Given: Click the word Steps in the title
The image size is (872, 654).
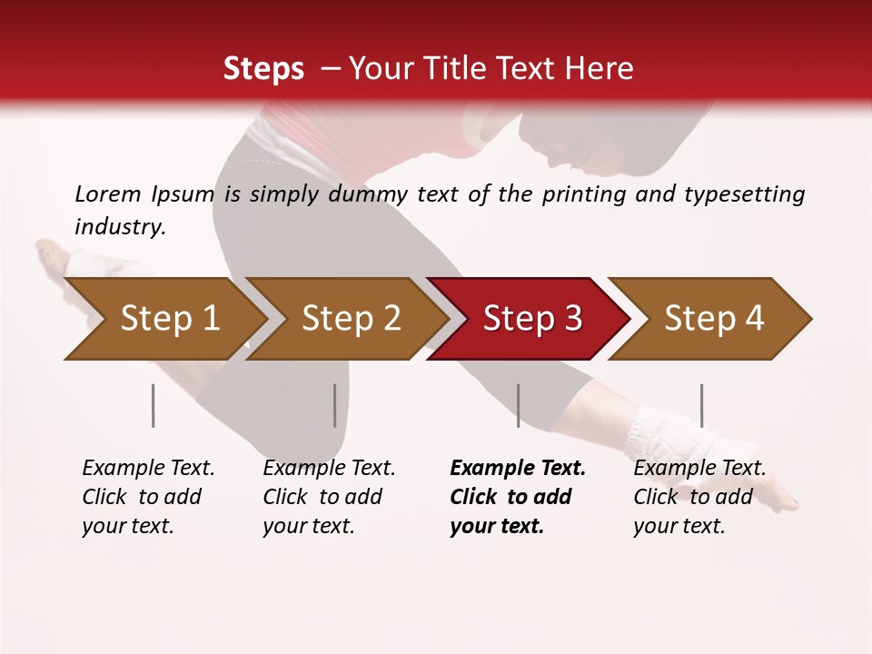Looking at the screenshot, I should pos(263,69).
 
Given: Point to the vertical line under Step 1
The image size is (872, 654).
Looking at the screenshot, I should pos(154,405).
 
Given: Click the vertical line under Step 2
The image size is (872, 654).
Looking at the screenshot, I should pos(335,405).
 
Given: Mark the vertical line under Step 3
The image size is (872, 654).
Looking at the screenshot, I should pos(519,405).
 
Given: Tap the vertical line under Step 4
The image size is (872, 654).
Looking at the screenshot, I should pos(702,405).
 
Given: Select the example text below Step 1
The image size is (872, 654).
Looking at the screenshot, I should pos(148,497).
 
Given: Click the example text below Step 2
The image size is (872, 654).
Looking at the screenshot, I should pos(329,497).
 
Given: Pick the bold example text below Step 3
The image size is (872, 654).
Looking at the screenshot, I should pos(517,497).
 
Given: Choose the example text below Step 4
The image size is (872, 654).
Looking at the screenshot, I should pos(699,497).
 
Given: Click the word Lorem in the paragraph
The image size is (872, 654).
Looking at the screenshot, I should pos(107,193).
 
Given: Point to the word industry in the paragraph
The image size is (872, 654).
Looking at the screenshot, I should pos(119,226).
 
